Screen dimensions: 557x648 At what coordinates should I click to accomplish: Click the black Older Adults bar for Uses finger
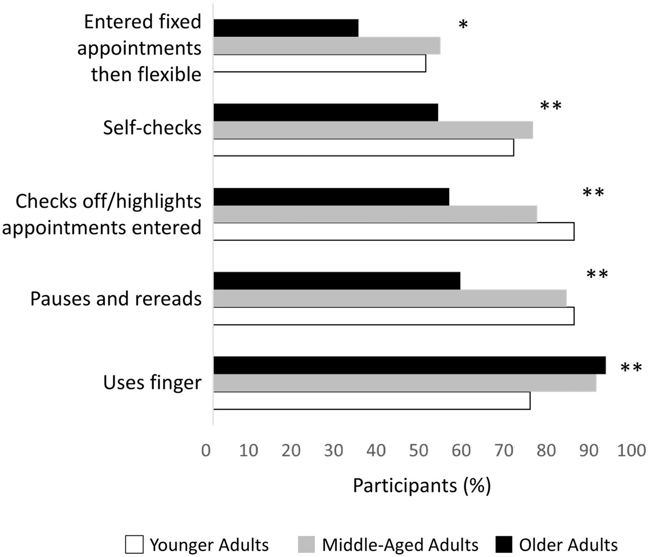[409, 365]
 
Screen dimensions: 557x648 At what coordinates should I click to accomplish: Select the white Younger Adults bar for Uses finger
[372, 401]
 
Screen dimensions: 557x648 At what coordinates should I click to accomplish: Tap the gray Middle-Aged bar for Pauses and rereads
[390, 298]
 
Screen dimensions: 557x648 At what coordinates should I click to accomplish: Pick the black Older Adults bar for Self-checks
[326, 112]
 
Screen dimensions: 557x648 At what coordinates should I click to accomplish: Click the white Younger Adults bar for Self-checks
[363, 147]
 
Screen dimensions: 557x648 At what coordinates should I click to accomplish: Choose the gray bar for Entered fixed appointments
[327, 46]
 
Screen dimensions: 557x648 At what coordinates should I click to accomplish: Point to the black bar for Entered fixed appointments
[286, 28]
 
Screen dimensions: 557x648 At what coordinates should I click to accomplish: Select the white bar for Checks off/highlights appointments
[394, 231]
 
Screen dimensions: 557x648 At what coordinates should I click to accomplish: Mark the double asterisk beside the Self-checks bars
[551, 106]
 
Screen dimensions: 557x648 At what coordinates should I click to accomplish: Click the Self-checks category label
[152, 128]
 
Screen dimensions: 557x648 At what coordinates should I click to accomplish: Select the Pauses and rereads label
[116, 299]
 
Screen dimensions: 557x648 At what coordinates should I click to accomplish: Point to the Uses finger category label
[152, 383]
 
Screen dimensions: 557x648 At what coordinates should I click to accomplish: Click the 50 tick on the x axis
[419, 450]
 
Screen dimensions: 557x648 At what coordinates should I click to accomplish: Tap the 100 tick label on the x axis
[629, 450]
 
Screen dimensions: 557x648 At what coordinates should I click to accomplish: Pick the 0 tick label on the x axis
[206, 450]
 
